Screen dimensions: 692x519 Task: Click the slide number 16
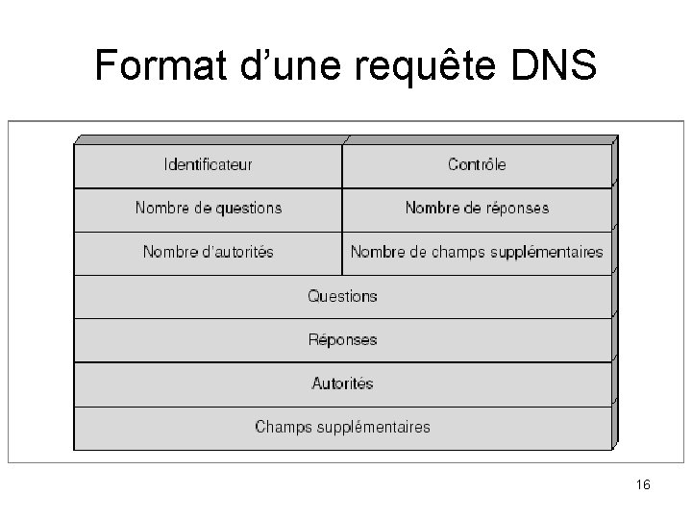coord(643,485)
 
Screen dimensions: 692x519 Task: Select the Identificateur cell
coord(209,164)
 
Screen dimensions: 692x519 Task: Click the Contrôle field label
coord(477,164)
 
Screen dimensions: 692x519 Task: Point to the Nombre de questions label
coord(209,208)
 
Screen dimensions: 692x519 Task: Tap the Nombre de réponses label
coord(477,208)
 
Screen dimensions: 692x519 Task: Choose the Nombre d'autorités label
coord(209,252)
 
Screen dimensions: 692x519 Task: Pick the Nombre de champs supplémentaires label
coord(477,252)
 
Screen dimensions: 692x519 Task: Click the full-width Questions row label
coord(342,296)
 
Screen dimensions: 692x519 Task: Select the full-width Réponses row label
coord(342,339)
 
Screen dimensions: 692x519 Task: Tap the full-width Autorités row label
coord(342,383)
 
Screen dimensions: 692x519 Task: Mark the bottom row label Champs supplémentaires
coord(342,427)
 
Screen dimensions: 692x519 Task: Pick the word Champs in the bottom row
coord(279,427)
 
